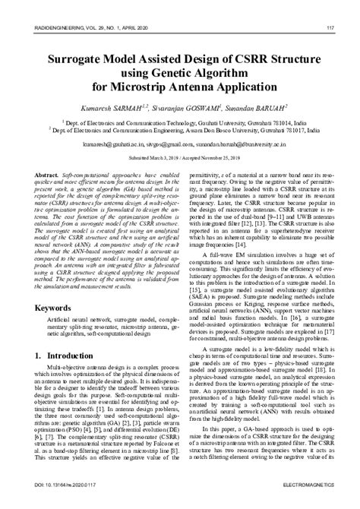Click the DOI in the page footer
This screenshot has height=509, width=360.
57,502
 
